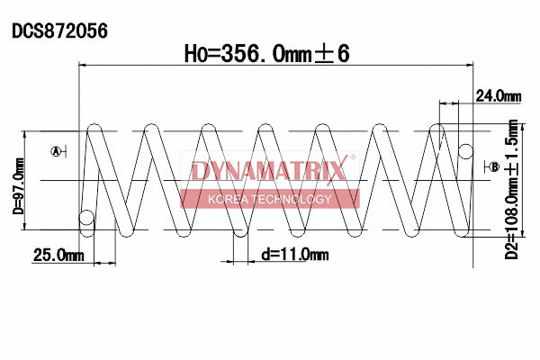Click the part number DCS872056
click(59, 31)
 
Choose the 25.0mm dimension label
click(58, 256)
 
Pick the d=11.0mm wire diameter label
click(294, 255)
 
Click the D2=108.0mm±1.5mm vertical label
click(512, 189)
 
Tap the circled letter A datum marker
click(57, 151)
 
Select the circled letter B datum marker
click(494, 166)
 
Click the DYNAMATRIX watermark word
click(269, 171)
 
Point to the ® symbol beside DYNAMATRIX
click(353, 158)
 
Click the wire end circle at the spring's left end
click(86, 217)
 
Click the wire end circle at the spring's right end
click(465, 149)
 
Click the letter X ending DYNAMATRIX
click(338, 171)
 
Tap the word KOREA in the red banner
click(224, 199)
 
